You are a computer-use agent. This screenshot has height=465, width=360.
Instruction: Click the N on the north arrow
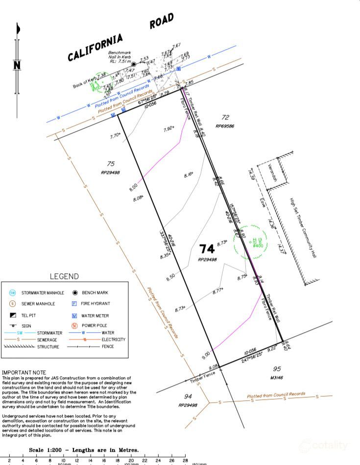(17, 65)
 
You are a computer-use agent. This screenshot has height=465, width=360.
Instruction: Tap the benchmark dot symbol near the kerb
(133, 64)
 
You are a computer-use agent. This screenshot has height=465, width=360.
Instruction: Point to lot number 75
(110, 164)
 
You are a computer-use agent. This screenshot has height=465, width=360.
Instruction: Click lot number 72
(225, 118)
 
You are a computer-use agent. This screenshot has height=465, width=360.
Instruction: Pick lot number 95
(277, 369)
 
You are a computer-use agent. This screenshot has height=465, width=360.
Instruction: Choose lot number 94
(187, 396)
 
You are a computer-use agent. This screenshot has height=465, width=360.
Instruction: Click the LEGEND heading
(64, 277)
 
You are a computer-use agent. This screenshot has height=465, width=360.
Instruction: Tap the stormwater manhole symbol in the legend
(13, 293)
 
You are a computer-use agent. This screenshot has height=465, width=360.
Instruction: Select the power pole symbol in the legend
(74, 325)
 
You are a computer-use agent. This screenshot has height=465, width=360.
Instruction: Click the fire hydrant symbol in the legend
(74, 304)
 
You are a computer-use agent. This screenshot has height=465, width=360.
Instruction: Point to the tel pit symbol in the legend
(13, 316)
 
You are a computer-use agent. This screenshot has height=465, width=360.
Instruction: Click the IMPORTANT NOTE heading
(24, 373)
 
